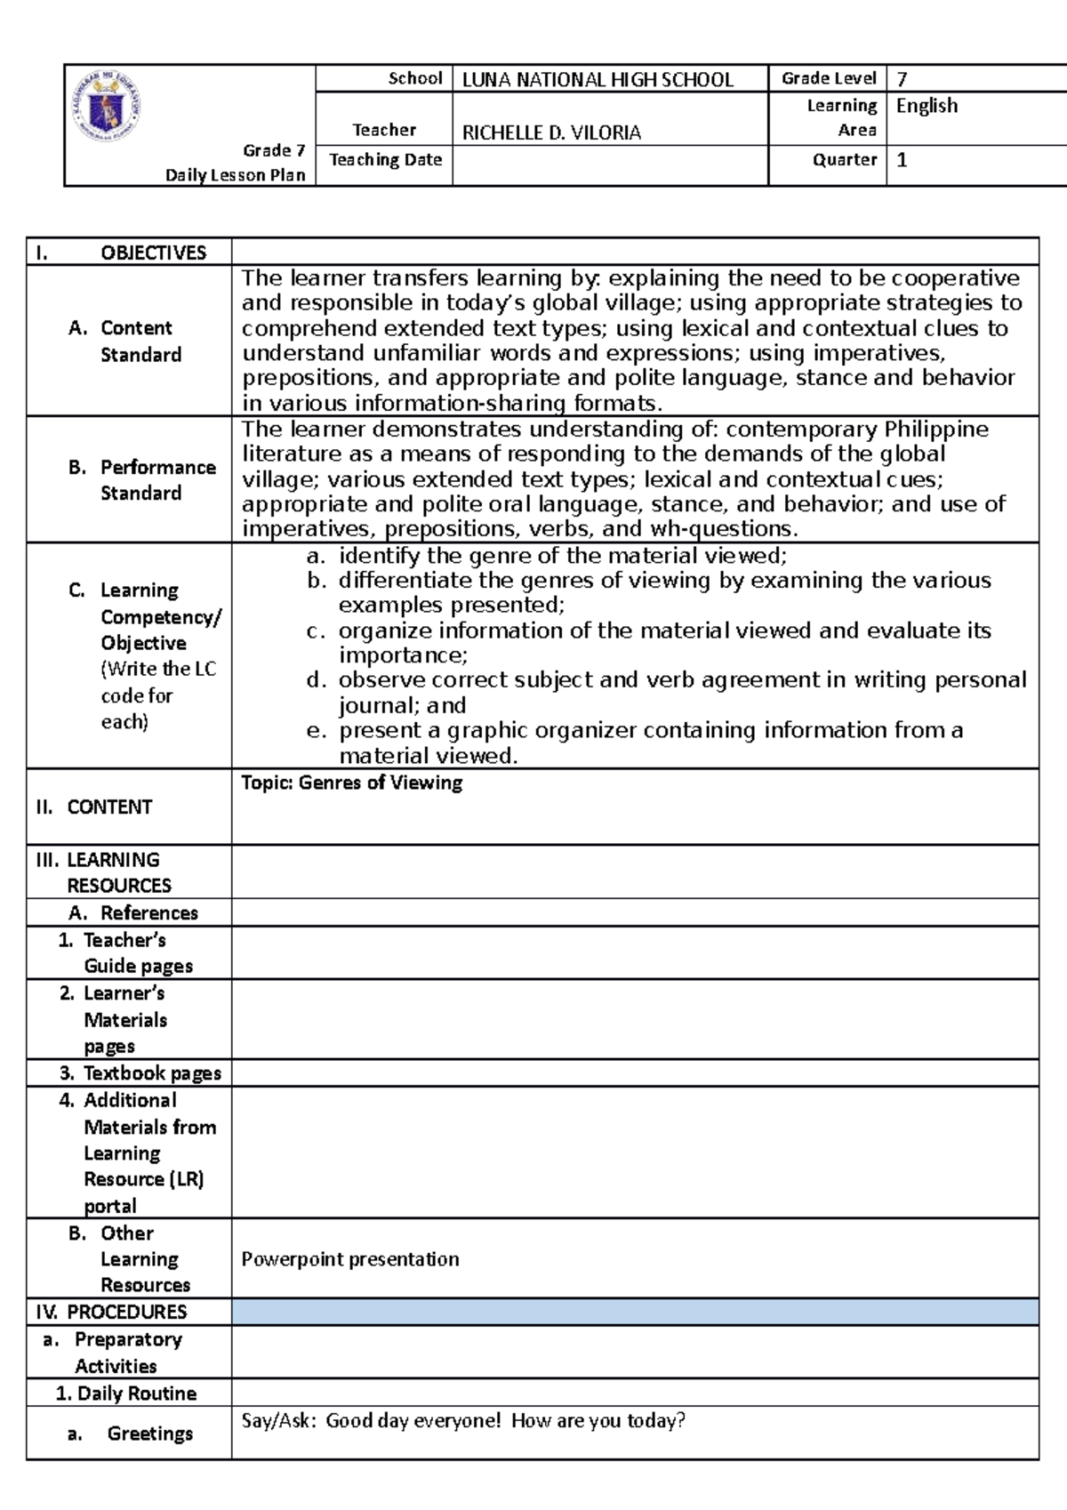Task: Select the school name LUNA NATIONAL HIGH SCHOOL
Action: pyautogui.click(x=598, y=80)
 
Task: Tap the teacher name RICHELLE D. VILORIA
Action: pyautogui.click(x=551, y=133)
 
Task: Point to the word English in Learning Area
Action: pyautogui.click(x=927, y=106)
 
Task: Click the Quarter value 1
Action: pyautogui.click(x=902, y=160)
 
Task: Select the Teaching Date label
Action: pyautogui.click(x=385, y=160)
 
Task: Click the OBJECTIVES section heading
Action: pyautogui.click(x=152, y=253)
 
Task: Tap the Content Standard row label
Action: pyautogui.click(x=140, y=341)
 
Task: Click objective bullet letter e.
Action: pyautogui.click(x=313, y=730)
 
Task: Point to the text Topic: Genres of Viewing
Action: pyautogui.click(x=352, y=783)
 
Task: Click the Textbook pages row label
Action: pyautogui.click(x=151, y=1072)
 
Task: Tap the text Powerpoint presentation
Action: pyautogui.click(x=350, y=1259)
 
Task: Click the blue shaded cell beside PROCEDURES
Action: pyautogui.click(x=635, y=1312)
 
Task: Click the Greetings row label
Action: pyautogui.click(x=149, y=1434)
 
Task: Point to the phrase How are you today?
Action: pyautogui.click(x=598, y=1421)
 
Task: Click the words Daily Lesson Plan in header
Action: pyautogui.click(x=235, y=175)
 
